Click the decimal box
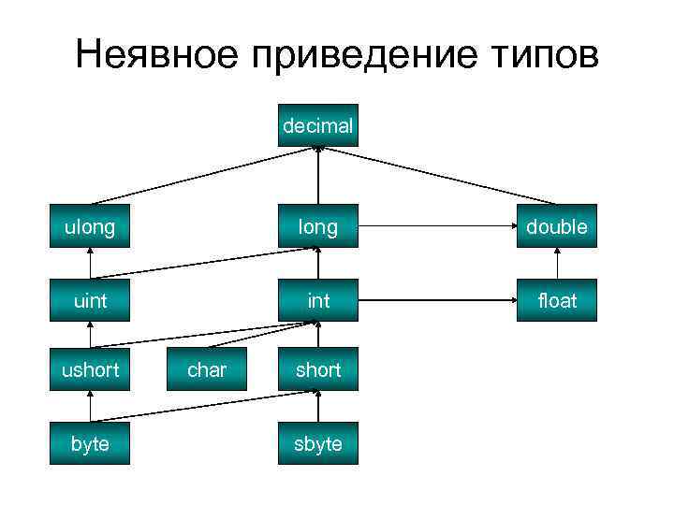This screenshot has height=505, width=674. [317, 125]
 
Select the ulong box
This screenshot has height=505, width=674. [90, 226]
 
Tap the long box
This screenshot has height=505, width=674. [317, 226]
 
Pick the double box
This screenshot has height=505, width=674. [556, 226]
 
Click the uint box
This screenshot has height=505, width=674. [90, 300]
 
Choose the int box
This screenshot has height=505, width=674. [317, 300]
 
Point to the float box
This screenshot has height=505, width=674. [556, 300]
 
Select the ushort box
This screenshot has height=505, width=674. [90, 369]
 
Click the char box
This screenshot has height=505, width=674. [206, 369]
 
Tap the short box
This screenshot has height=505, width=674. [317, 369]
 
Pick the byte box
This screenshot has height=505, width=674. [90, 443]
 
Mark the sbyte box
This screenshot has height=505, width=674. [317, 443]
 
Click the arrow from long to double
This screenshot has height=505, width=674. [437, 226]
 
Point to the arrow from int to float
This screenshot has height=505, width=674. [437, 300]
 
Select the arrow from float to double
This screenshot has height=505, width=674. [556, 263]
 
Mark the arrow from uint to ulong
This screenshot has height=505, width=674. [90, 263]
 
